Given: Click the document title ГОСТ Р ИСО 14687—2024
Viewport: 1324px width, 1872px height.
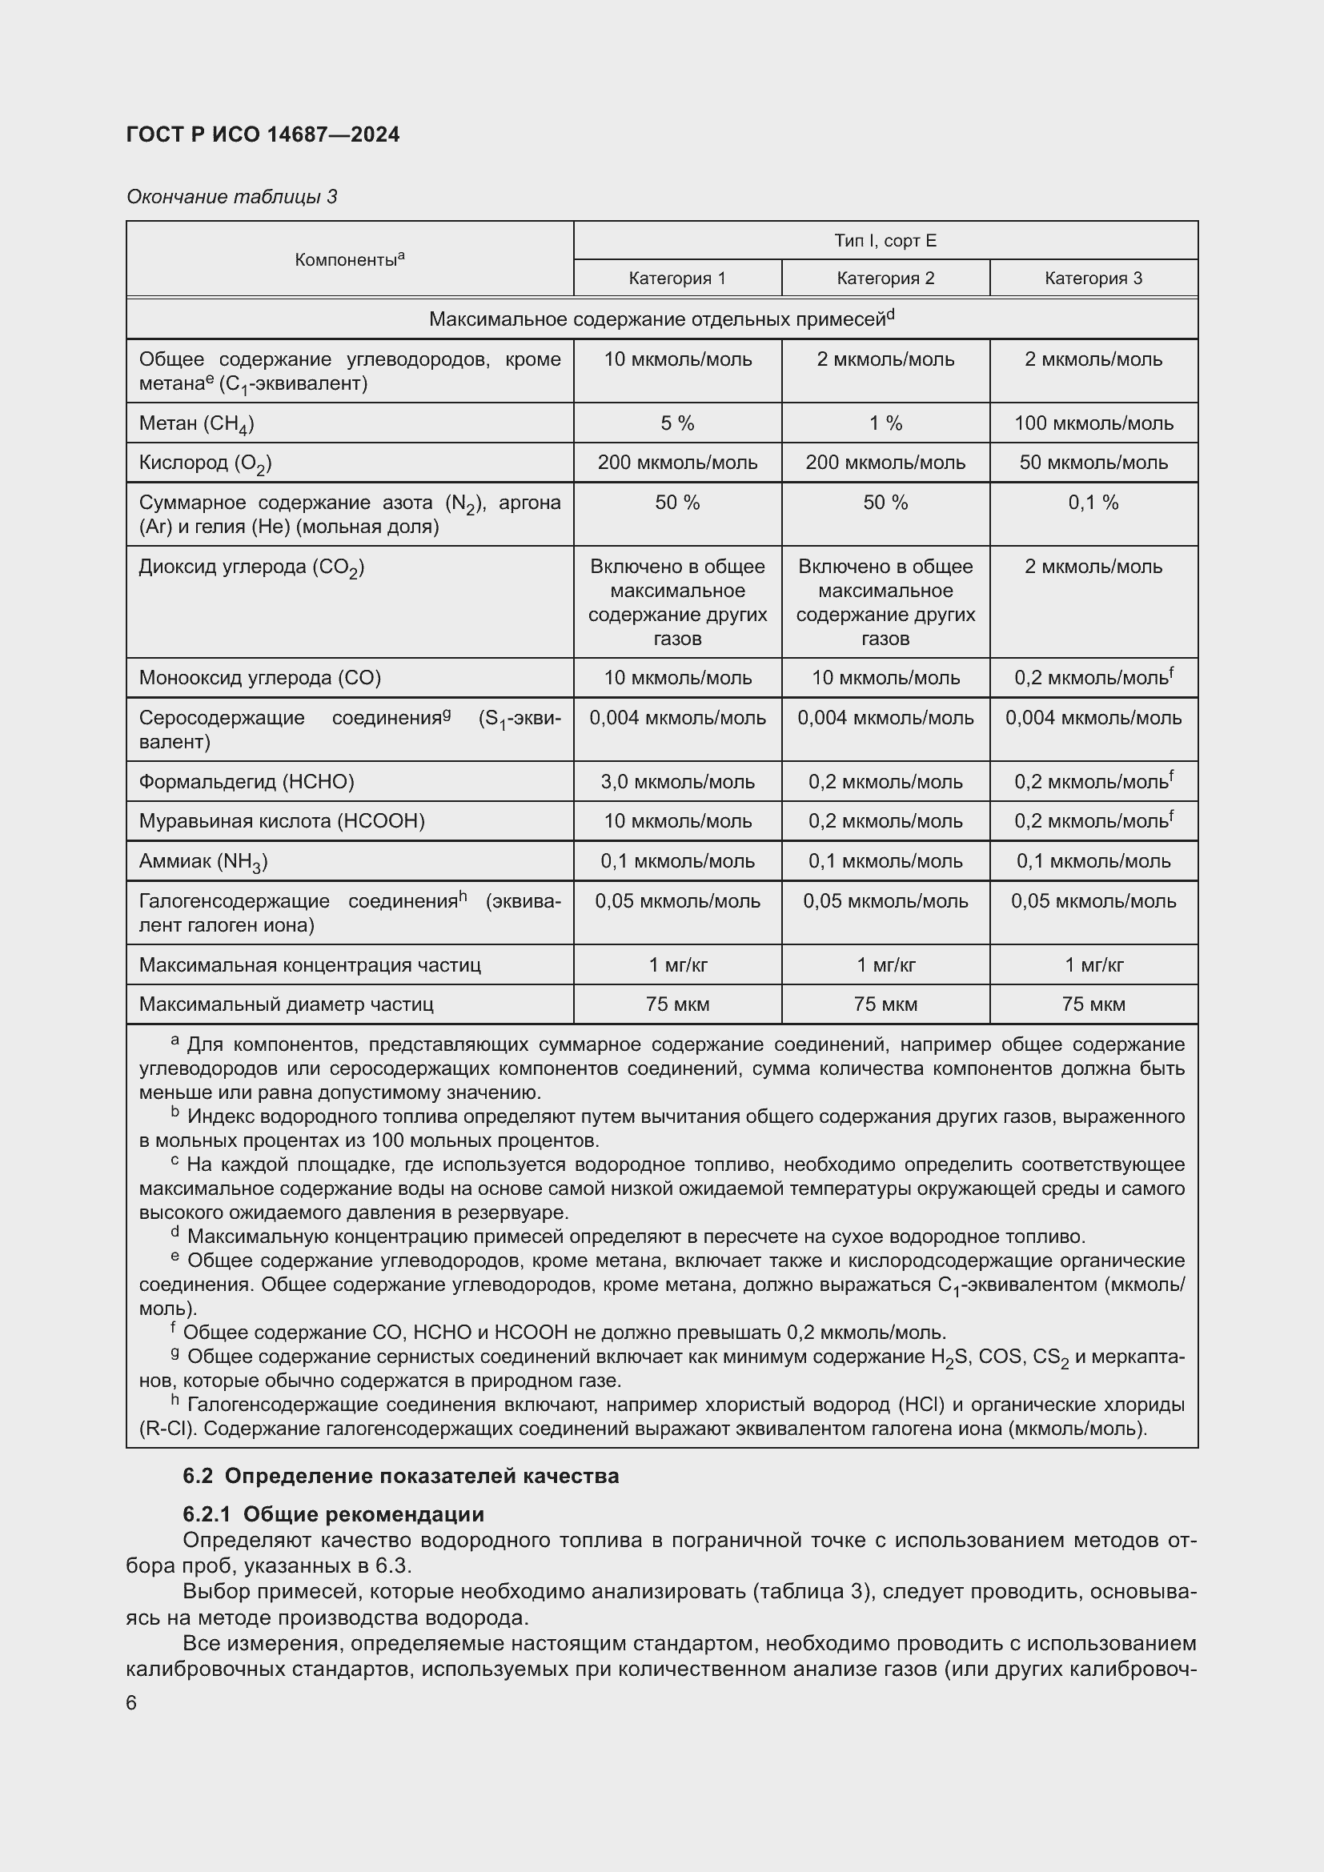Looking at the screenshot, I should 263,135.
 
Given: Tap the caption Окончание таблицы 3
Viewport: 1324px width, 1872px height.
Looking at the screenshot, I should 231,197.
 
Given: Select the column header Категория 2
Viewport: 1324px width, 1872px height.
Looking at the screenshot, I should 885,278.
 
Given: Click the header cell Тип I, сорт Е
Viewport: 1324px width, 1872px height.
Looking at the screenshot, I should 885,241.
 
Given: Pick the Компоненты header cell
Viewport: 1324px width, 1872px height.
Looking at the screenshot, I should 350,259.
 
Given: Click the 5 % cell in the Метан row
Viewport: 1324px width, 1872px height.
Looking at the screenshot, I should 677,423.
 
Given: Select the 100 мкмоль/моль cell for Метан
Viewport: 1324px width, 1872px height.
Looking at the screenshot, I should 1093,423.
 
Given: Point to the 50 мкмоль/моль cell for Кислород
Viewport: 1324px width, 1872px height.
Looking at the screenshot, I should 1093,463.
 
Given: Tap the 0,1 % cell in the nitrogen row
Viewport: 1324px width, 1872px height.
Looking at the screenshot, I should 1093,503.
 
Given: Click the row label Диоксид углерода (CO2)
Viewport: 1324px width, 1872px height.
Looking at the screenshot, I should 251,567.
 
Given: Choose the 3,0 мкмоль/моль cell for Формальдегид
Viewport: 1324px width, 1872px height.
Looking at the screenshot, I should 677,782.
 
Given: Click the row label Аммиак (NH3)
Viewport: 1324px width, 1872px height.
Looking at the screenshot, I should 203,861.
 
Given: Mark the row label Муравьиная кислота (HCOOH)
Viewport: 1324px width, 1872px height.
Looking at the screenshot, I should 281,821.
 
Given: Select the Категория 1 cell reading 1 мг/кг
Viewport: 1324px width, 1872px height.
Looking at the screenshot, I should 677,965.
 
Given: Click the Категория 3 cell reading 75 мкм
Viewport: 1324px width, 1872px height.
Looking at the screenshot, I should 1093,1004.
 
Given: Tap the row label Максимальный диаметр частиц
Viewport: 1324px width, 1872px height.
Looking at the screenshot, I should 285,1004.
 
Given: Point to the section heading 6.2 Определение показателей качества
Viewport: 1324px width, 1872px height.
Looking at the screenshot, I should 400,1476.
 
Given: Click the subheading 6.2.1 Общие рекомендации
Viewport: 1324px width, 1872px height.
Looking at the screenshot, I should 334,1514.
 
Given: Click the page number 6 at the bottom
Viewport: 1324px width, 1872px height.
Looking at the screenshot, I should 132,1703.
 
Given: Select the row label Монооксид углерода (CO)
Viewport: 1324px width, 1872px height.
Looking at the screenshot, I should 259,678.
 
